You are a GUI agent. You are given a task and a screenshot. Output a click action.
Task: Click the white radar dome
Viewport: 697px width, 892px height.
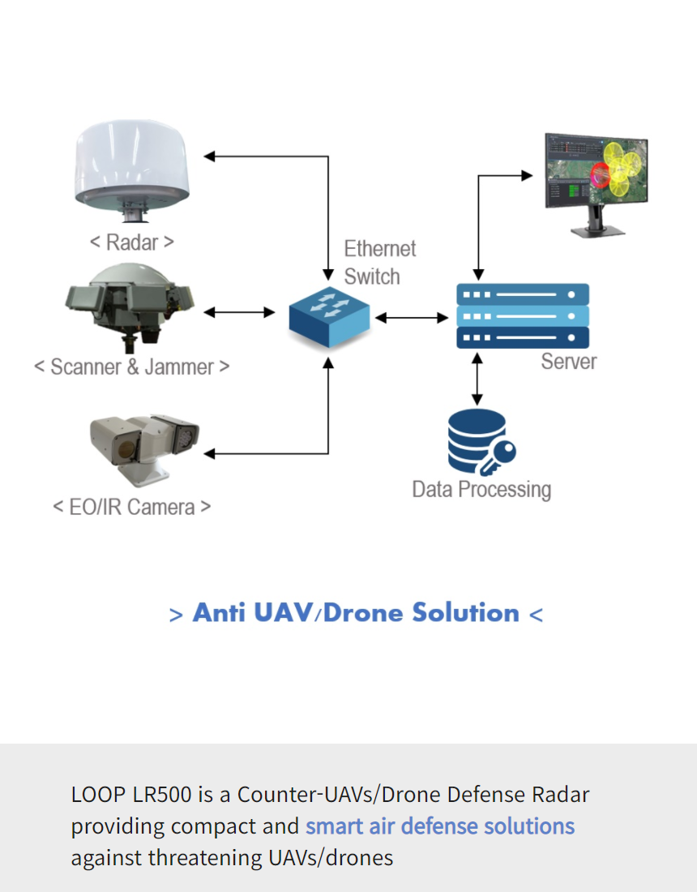pyautogui.click(x=132, y=166)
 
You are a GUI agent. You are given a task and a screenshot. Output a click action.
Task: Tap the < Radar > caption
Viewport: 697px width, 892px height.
pyautogui.click(x=131, y=242)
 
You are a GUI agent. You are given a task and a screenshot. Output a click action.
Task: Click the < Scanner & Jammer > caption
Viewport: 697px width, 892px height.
pyautogui.click(x=131, y=367)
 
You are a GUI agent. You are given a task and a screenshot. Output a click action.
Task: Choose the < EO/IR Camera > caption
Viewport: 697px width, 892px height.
pyautogui.click(x=131, y=508)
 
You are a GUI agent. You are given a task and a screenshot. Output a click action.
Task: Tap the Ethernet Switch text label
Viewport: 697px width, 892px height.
pyautogui.click(x=379, y=262)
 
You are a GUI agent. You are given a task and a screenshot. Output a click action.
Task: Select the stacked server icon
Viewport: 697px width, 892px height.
pyautogui.click(x=522, y=315)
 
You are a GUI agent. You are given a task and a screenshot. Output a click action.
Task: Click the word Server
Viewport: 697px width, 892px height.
pyautogui.click(x=568, y=362)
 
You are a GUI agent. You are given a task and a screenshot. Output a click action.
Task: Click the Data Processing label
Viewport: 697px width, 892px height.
pyautogui.click(x=481, y=490)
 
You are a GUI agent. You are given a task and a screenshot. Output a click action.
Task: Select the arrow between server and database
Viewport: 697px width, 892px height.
pyautogui.click(x=477, y=377)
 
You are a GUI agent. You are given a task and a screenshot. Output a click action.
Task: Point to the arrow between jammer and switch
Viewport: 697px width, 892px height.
pyautogui.click(x=240, y=311)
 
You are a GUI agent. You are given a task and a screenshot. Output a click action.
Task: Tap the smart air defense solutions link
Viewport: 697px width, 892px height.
pyautogui.click(x=440, y=826)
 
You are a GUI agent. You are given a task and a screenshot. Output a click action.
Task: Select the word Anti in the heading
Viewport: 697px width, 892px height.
pyautogui.click(x=219, y=613)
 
